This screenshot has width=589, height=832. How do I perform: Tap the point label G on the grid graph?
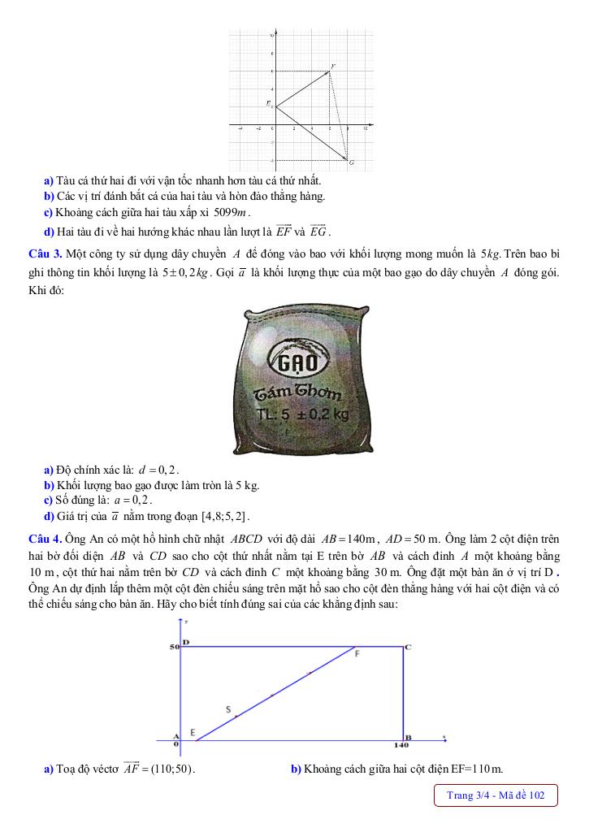(x=351, y=162)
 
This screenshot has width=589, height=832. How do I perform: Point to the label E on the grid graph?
(x=268, y=102)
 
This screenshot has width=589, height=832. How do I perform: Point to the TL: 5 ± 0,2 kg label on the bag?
(x=302, y=414)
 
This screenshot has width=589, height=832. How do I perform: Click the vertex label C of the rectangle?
(x=408, y=647)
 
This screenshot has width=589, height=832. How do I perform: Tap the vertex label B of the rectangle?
(x=408, y=736)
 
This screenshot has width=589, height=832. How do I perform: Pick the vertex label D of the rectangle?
(x=186, y=641)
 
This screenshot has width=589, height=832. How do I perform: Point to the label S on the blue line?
(x=227, y=708)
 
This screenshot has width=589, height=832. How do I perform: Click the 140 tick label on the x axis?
(x=401, y=744)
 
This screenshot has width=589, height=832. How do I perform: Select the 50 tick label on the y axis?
(x=173, y=647)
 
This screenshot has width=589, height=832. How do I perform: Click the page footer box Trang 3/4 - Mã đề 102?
(x=496, y=795)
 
